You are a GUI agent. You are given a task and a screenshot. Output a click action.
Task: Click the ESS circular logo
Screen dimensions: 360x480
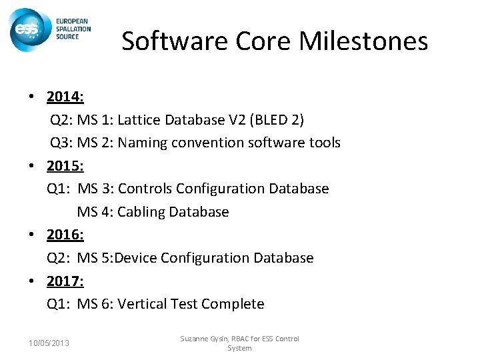27,29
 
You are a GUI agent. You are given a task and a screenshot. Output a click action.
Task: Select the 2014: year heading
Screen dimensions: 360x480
65,97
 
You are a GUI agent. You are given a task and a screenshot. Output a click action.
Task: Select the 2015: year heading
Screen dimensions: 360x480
65,166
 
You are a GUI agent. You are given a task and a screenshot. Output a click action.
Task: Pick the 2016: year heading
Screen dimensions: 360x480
65,235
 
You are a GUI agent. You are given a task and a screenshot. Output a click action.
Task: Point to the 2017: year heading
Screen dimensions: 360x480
65,281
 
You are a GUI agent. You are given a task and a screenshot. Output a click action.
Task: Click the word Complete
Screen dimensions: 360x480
233,304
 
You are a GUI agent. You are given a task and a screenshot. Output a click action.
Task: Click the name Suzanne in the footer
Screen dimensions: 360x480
195,339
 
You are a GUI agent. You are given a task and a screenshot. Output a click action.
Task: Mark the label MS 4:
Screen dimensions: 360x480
93,212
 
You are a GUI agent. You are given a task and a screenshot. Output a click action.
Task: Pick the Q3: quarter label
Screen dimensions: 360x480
62,143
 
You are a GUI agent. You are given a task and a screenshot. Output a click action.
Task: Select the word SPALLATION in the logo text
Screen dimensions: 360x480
73,29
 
